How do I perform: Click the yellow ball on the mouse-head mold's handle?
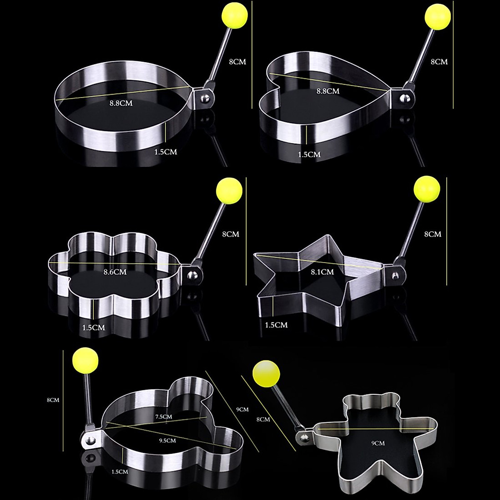tap(85, 361)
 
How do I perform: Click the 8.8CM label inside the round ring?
tap(121, 103)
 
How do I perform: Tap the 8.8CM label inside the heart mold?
tap(328, 91)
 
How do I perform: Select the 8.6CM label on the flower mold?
tap(115, 272)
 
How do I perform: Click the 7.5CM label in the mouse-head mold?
tap(164, 416)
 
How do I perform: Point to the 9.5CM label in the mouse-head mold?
tap(167, 440)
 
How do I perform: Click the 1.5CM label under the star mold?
tap(276, 325)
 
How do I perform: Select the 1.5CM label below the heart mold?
tap(309, 154)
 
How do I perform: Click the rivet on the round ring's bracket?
tap(205, 99)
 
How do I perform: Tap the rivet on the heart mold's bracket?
tap(403, 99)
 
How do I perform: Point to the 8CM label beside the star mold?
tap(432, 234)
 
